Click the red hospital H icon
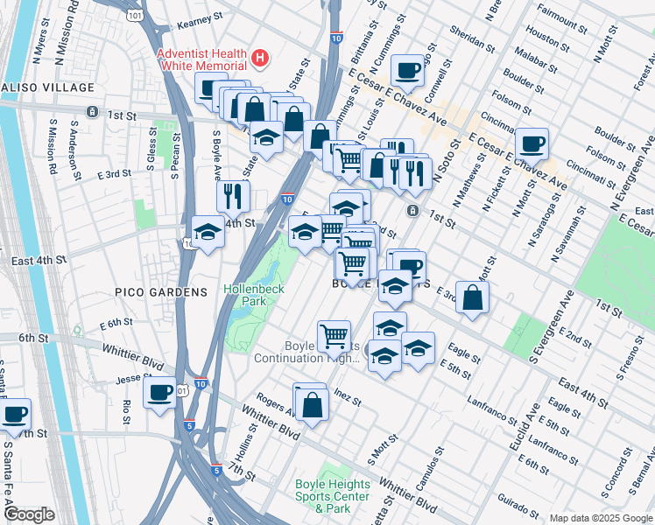tap(259, 59)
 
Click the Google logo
tap(29, 515)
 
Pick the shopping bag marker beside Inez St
tap(312, 403)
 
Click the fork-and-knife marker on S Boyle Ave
tap(231, 195)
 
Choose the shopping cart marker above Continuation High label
tap(335, 334)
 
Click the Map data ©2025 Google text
tap(600, 518)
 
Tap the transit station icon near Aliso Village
tap(92, 111)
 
